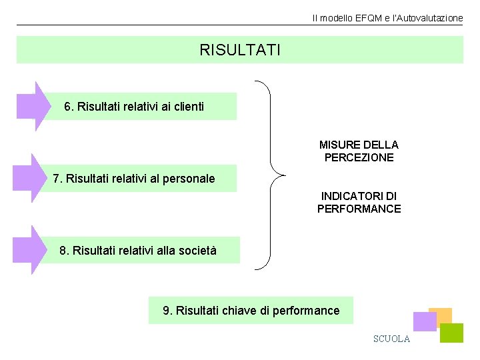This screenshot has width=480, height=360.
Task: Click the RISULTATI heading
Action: (240, 50)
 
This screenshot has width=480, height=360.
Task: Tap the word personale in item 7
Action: (191, 179)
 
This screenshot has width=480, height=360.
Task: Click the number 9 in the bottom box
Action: (167, 311)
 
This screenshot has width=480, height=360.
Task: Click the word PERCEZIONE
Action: (359, 158)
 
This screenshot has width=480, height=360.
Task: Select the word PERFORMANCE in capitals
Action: (359, 209)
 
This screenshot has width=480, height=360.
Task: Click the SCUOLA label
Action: (391, 339)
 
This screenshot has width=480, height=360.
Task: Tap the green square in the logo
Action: (452, 333)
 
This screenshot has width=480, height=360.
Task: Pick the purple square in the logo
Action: (424, 322)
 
